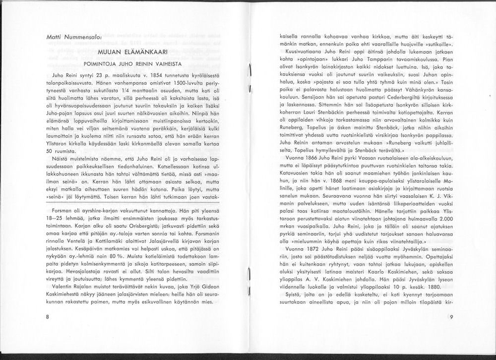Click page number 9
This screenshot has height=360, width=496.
[451, 316]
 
